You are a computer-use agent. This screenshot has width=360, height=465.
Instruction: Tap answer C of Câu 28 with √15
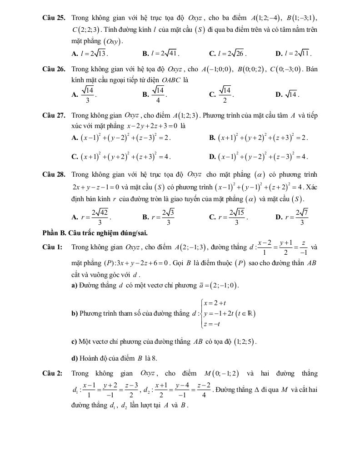229,217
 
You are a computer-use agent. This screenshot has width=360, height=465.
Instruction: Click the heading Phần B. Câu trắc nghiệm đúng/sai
95,233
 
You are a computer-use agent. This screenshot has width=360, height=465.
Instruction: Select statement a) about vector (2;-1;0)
155,285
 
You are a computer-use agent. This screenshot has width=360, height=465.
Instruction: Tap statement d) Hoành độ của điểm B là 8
115,358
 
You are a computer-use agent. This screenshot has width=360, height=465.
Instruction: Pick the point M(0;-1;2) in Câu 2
222,374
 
